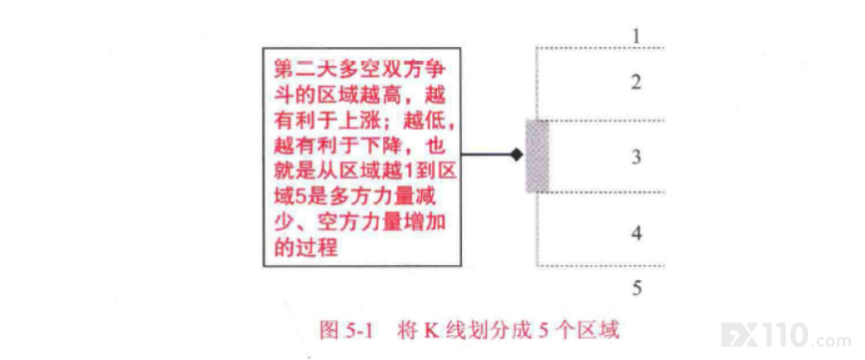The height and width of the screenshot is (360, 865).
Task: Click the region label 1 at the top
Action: [637, 36]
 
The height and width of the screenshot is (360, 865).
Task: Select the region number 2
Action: [637, 83]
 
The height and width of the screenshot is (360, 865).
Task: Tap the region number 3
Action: [637, 158]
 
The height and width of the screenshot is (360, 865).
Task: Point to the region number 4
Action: [637, 233]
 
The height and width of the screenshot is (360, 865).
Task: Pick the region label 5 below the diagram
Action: [637, 288]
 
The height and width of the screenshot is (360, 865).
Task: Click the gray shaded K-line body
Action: [537, 157]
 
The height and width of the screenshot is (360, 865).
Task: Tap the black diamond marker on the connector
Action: [516, 156]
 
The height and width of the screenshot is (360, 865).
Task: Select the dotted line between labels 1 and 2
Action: [601, 48]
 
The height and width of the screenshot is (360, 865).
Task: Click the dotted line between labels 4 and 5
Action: [601, 266]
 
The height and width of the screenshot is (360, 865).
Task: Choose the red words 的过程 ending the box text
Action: [305, 248]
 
